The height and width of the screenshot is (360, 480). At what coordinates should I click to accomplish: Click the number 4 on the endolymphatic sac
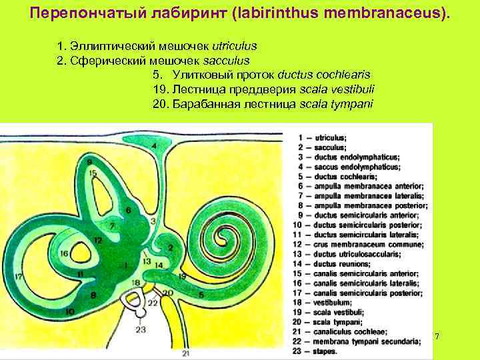(154, 145)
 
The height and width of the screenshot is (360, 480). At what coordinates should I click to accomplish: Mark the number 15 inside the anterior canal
(93, 174)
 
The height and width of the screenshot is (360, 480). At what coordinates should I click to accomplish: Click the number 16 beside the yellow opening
(64, 253)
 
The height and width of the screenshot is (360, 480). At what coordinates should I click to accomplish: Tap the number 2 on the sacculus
(171, 248)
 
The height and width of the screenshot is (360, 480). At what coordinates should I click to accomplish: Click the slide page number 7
(437, 336)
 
